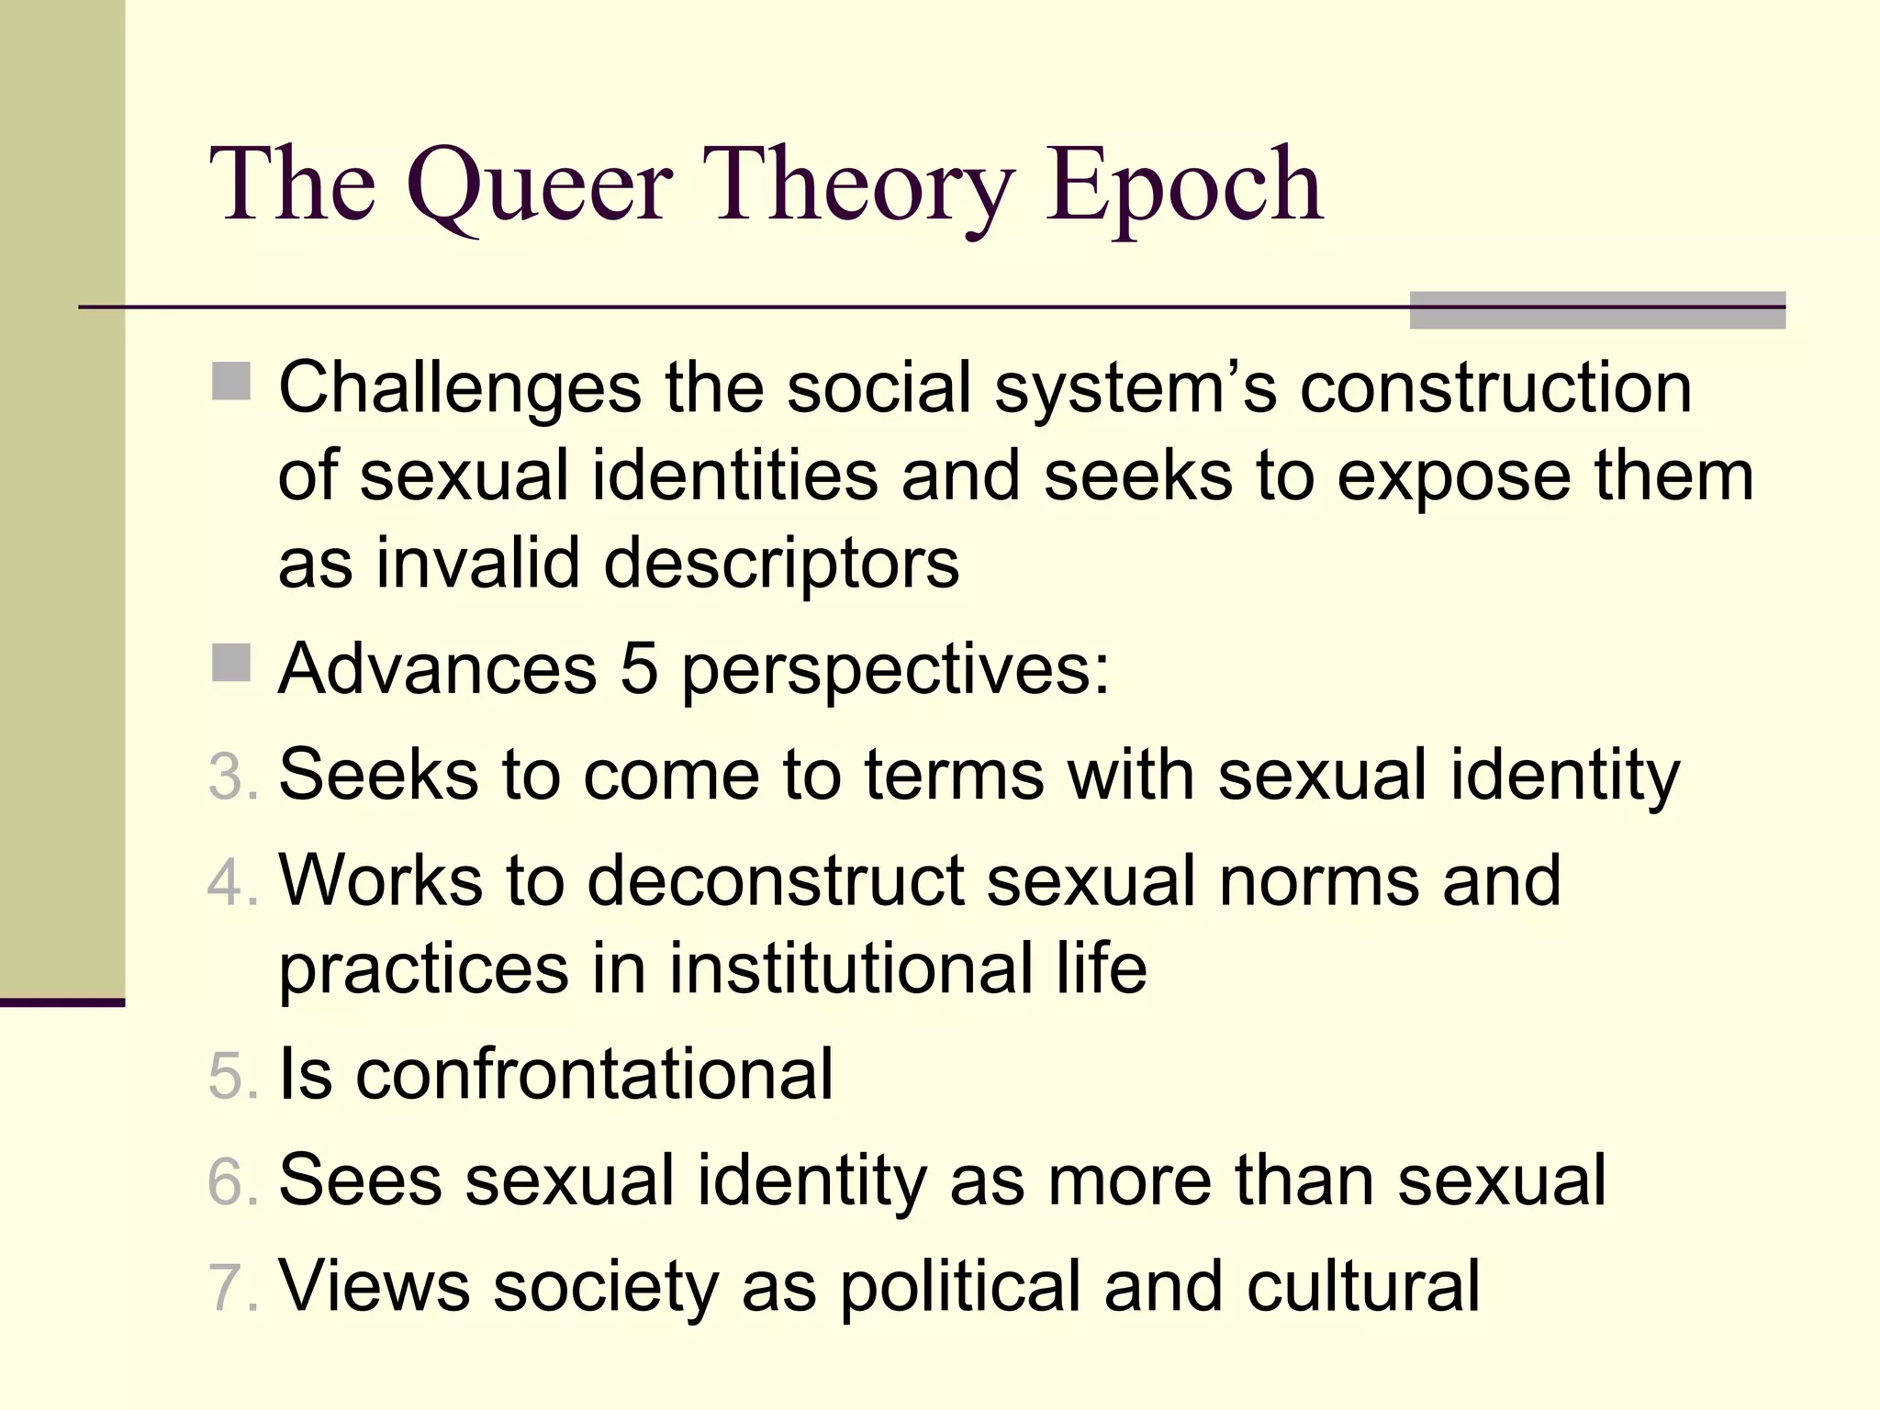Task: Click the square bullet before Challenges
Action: pyautogui.click(x=230, y=382)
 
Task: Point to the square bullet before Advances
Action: pyautogui.click(x=230, y=663)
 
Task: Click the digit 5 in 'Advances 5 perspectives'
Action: pyautogui.click(x=639, y=668)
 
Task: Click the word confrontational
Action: pyautogui.click(x=594, y=1074)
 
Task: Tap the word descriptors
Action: pyautogui.click(x=781, y=564)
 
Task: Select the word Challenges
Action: pyautogui.click(x=459, y=387)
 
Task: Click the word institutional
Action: pyautogui.click(x=851, y=969)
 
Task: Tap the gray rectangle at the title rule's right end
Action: pyautogui.click(x=1597, y=310)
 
